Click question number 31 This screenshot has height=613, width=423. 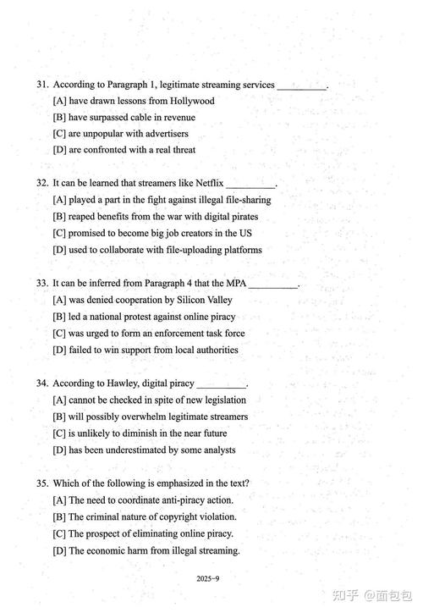tap(42, 85)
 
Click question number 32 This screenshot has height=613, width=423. tap(42, 184)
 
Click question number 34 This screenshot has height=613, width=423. tap(42, 384)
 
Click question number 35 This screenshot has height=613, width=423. tap(42, 483)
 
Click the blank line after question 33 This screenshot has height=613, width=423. tap(273, 285)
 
